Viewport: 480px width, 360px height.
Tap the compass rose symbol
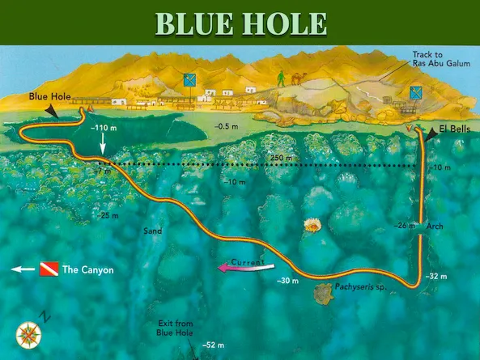click(x=28, y=333)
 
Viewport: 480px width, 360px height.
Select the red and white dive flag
click(x=50, y=269)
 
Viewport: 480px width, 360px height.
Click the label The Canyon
click(x=88, y=270)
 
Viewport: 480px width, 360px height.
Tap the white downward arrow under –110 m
click(x=103, y=146)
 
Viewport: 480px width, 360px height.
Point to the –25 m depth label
click(x=107, y=216)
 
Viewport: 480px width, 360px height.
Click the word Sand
click(x=152, y=231)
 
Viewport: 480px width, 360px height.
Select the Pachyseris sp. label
click(x=351, y=287)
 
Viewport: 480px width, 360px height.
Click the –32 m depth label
click(x=435, y=276)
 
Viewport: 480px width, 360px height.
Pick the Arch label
click(x=435, y=227)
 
